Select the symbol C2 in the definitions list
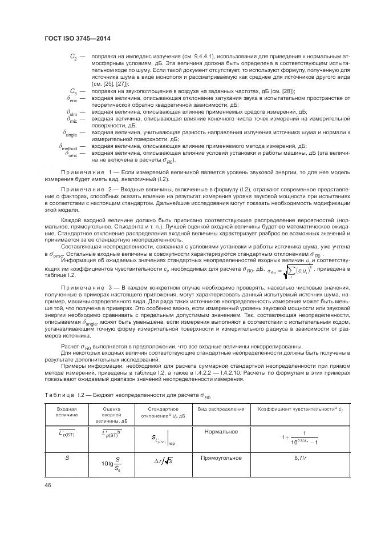73,57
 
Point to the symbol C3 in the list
73,91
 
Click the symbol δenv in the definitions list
72,99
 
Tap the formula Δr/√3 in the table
164,461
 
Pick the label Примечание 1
85,172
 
